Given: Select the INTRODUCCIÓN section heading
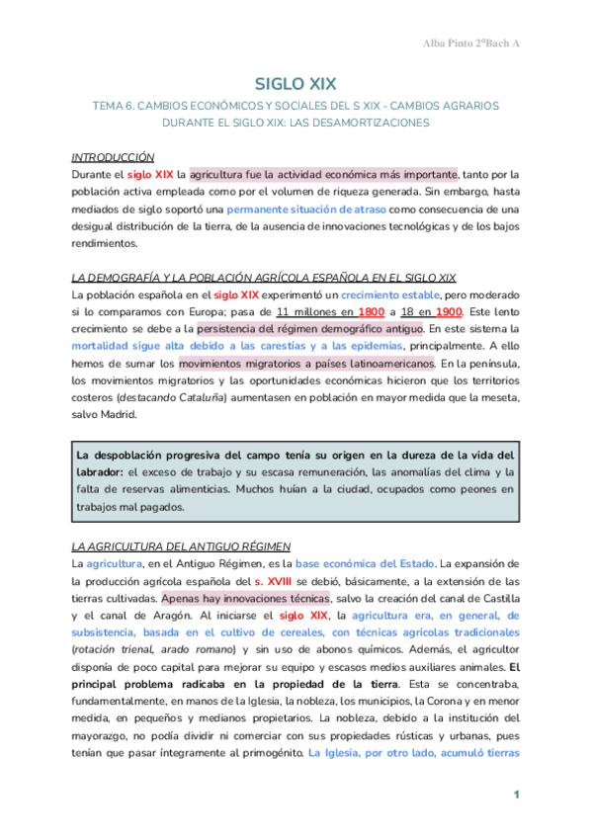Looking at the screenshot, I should pyautogui.click(x=114, y=157).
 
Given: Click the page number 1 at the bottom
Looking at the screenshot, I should pyautogui.click(x=516, y=796).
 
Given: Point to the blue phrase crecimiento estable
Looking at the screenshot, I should pyautogui.click(x=391, y=294).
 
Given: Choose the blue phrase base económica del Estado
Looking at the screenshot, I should pyautogui.click(x=365, y=563).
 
